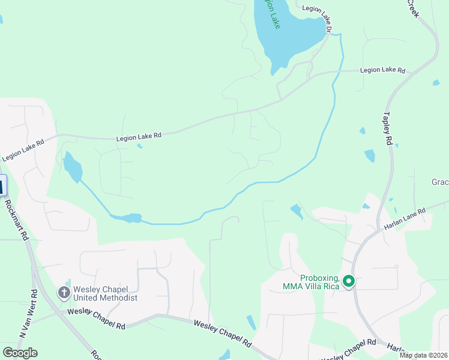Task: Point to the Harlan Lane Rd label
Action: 405,219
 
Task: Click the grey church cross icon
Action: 64,293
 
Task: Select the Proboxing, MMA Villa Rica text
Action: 311,281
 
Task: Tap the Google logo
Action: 20,352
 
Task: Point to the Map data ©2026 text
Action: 423,355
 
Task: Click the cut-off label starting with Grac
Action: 440,182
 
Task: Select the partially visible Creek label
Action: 412,8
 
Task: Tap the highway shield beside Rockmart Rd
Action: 2,186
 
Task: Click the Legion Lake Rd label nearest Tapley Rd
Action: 382,70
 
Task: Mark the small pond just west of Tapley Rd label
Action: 369,155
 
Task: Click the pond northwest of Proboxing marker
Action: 296,211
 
